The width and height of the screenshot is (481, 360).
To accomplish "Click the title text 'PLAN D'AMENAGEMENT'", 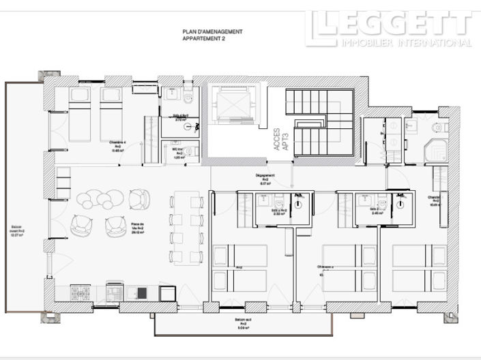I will coord(212,31).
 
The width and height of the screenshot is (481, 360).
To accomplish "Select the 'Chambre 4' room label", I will coord(117,144).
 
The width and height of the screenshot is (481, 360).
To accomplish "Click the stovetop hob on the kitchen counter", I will coord(83,293).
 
